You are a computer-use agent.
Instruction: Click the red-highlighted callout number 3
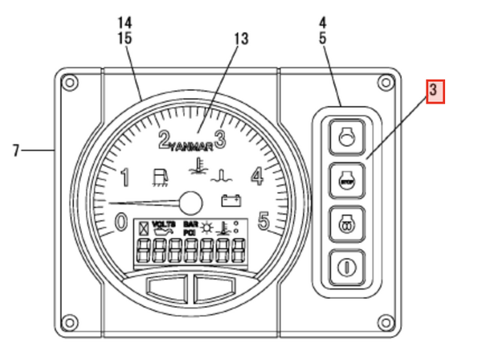point(434,90)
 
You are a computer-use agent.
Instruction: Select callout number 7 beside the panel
point(16,149)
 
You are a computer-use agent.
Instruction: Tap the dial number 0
point(120,220)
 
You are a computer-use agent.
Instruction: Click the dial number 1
point(125,176)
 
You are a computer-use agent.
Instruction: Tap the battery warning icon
point(231,201)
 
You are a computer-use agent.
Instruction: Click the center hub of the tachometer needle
point(190,201)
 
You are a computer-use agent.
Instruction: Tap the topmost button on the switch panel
point(345,137)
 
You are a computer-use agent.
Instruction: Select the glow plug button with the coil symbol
point(345,221)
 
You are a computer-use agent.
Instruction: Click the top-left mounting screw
point(70,81)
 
